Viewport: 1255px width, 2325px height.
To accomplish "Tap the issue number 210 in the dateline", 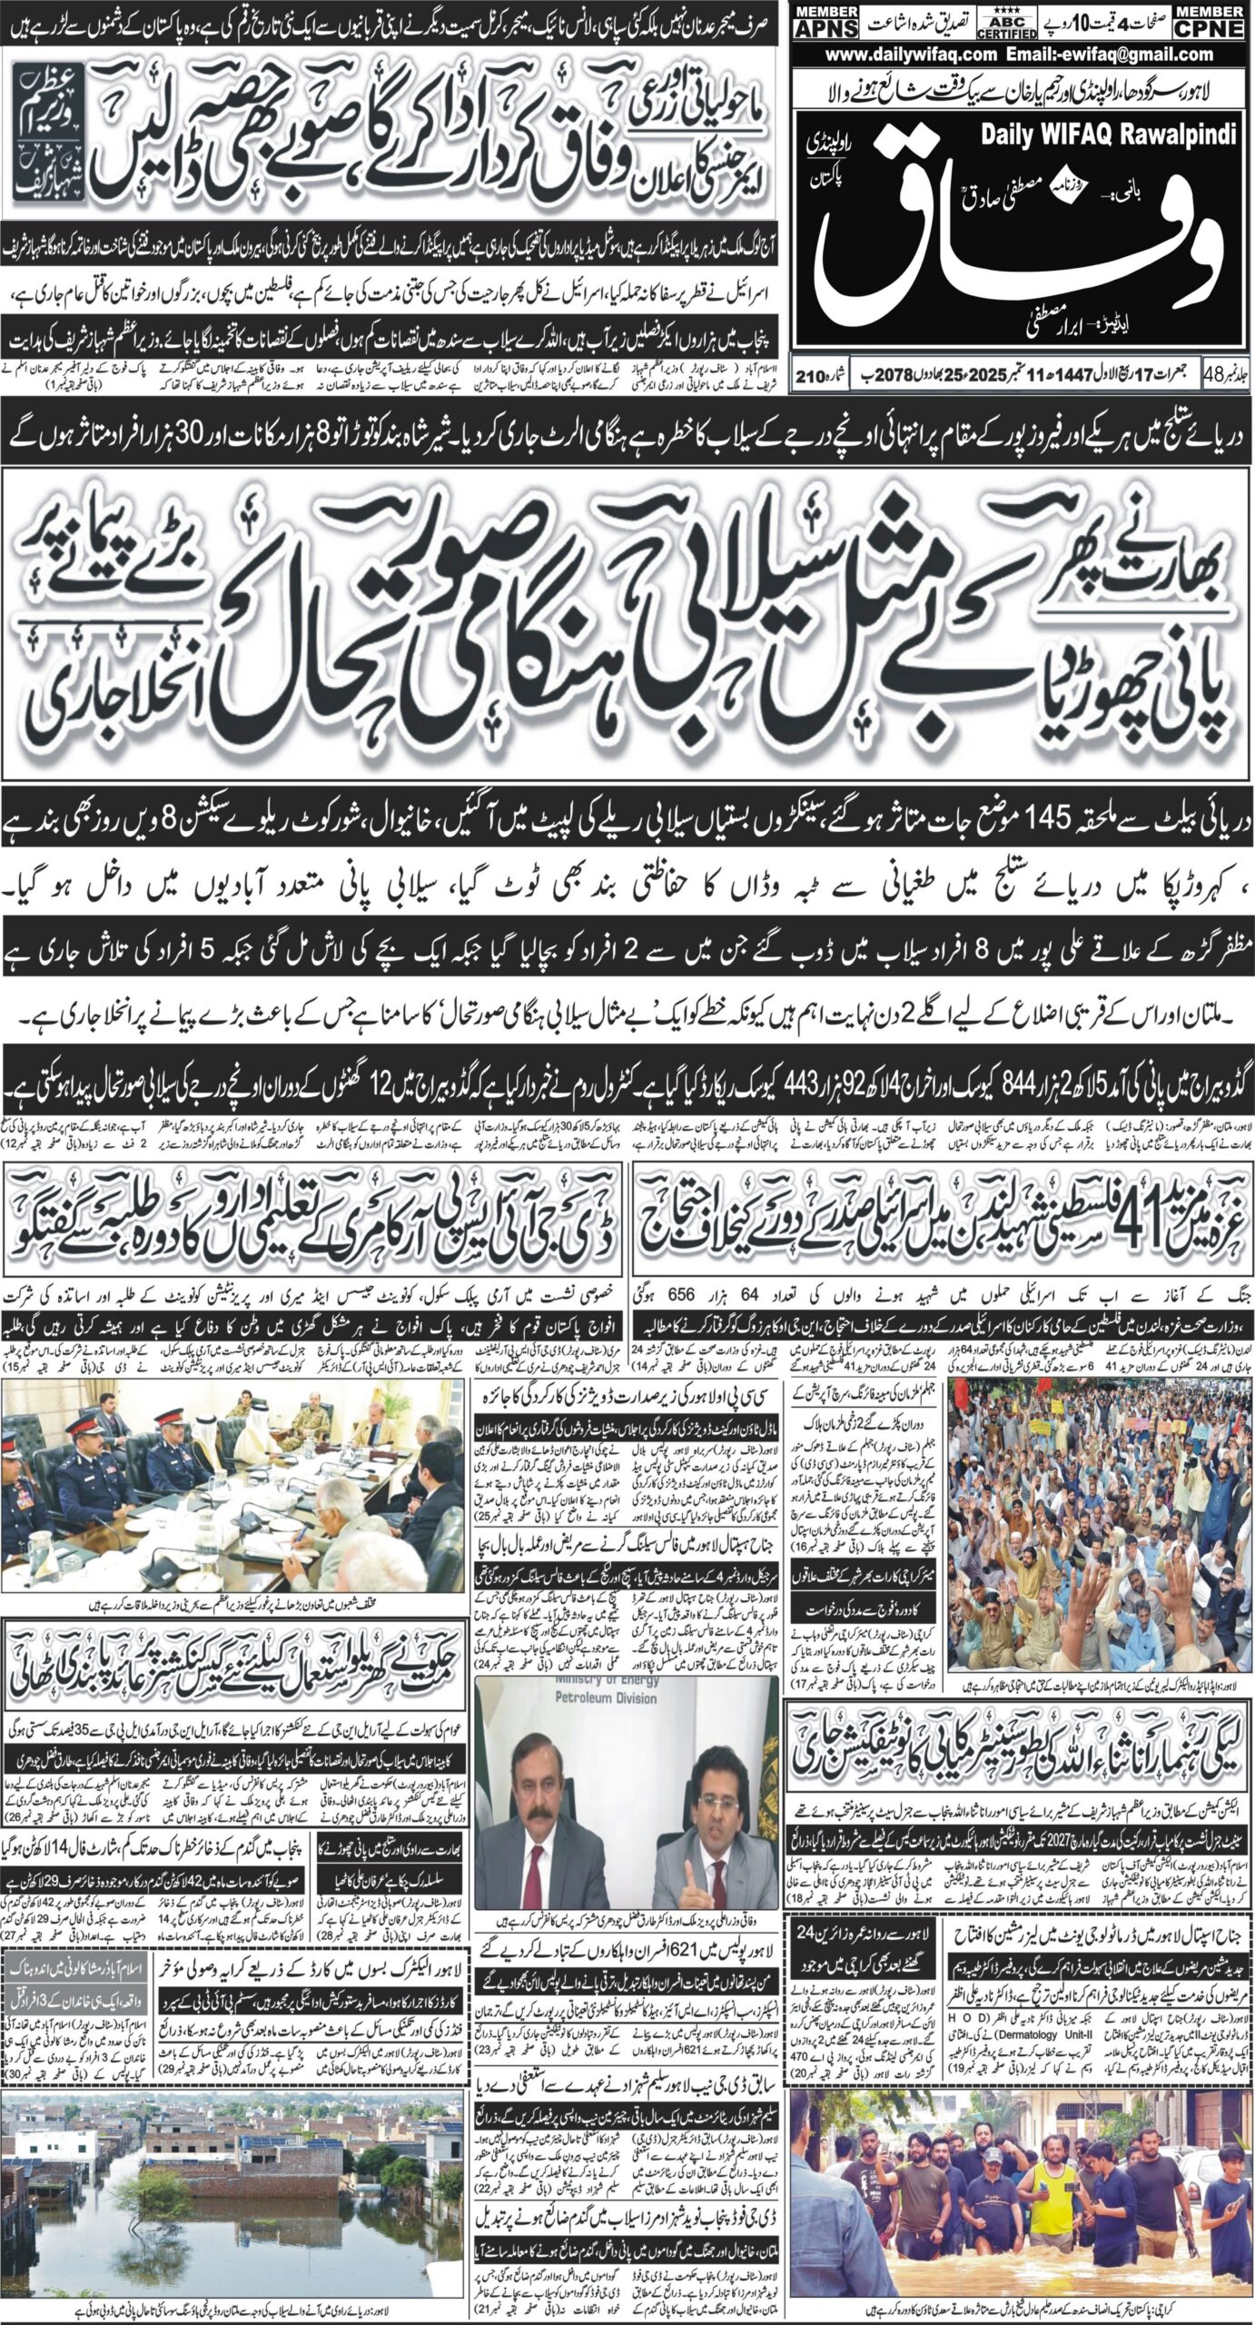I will tap(811, 374).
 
